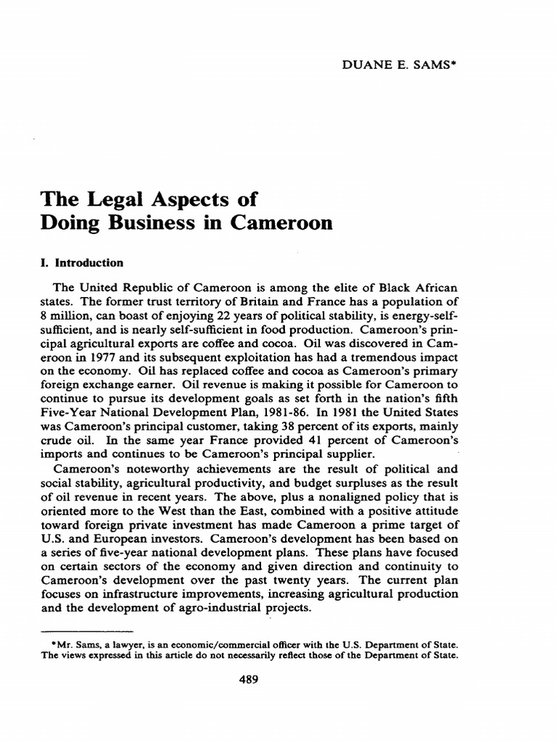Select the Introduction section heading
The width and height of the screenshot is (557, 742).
[87, 263]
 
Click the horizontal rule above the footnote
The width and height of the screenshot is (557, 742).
[83, 629]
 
